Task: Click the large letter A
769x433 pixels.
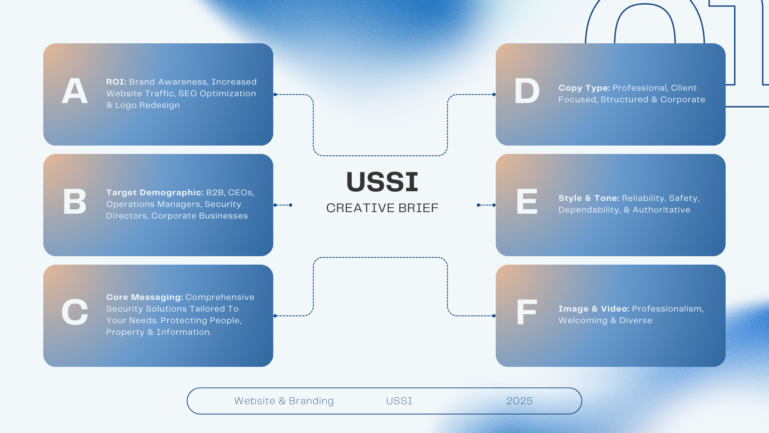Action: click(75, 91)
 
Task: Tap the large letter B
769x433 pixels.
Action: click(75, 202)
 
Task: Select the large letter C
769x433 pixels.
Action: click(75, 312)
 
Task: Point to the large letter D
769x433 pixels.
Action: click(527, 91)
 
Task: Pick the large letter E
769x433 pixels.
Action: click(527, 202)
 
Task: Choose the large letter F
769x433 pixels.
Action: click(527, 312)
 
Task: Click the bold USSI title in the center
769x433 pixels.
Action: click(382, 182)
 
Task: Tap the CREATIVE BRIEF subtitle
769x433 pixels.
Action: click(382, 208)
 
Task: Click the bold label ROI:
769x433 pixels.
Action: click(116, 82)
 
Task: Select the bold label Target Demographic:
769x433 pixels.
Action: click(155, 192)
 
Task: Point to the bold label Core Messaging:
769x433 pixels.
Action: click(144, 297)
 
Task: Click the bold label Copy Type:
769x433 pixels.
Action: click(584, 88)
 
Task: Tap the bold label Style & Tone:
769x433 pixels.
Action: click(589, 198)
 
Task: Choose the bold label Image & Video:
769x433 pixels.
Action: click(594, 309)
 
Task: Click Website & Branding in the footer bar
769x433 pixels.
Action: click(284, 401)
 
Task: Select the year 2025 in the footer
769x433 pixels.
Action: click(519, 401)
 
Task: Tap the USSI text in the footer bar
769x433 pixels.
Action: click(399, 401)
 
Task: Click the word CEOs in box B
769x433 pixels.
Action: click(241, 192)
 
